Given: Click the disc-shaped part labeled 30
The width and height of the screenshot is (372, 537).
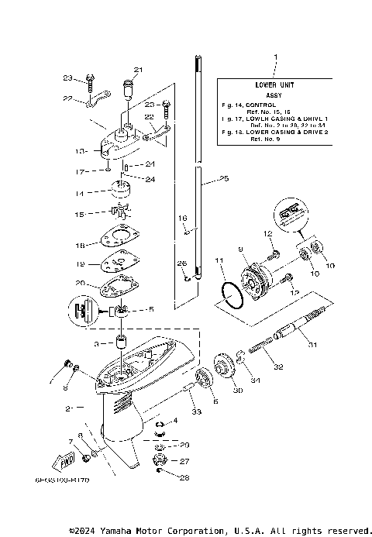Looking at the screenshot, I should (226, 367).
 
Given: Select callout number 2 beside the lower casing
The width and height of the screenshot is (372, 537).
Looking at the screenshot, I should (68, 407).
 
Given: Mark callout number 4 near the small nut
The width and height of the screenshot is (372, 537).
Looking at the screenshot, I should (175, 421).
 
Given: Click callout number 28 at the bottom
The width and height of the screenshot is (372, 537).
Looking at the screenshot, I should (184, 478).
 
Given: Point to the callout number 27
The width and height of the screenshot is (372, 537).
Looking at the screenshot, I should (184, 462).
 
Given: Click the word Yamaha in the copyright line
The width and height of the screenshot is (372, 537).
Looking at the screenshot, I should (124, 531).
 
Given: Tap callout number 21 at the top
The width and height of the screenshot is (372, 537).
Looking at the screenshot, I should (138, 68).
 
